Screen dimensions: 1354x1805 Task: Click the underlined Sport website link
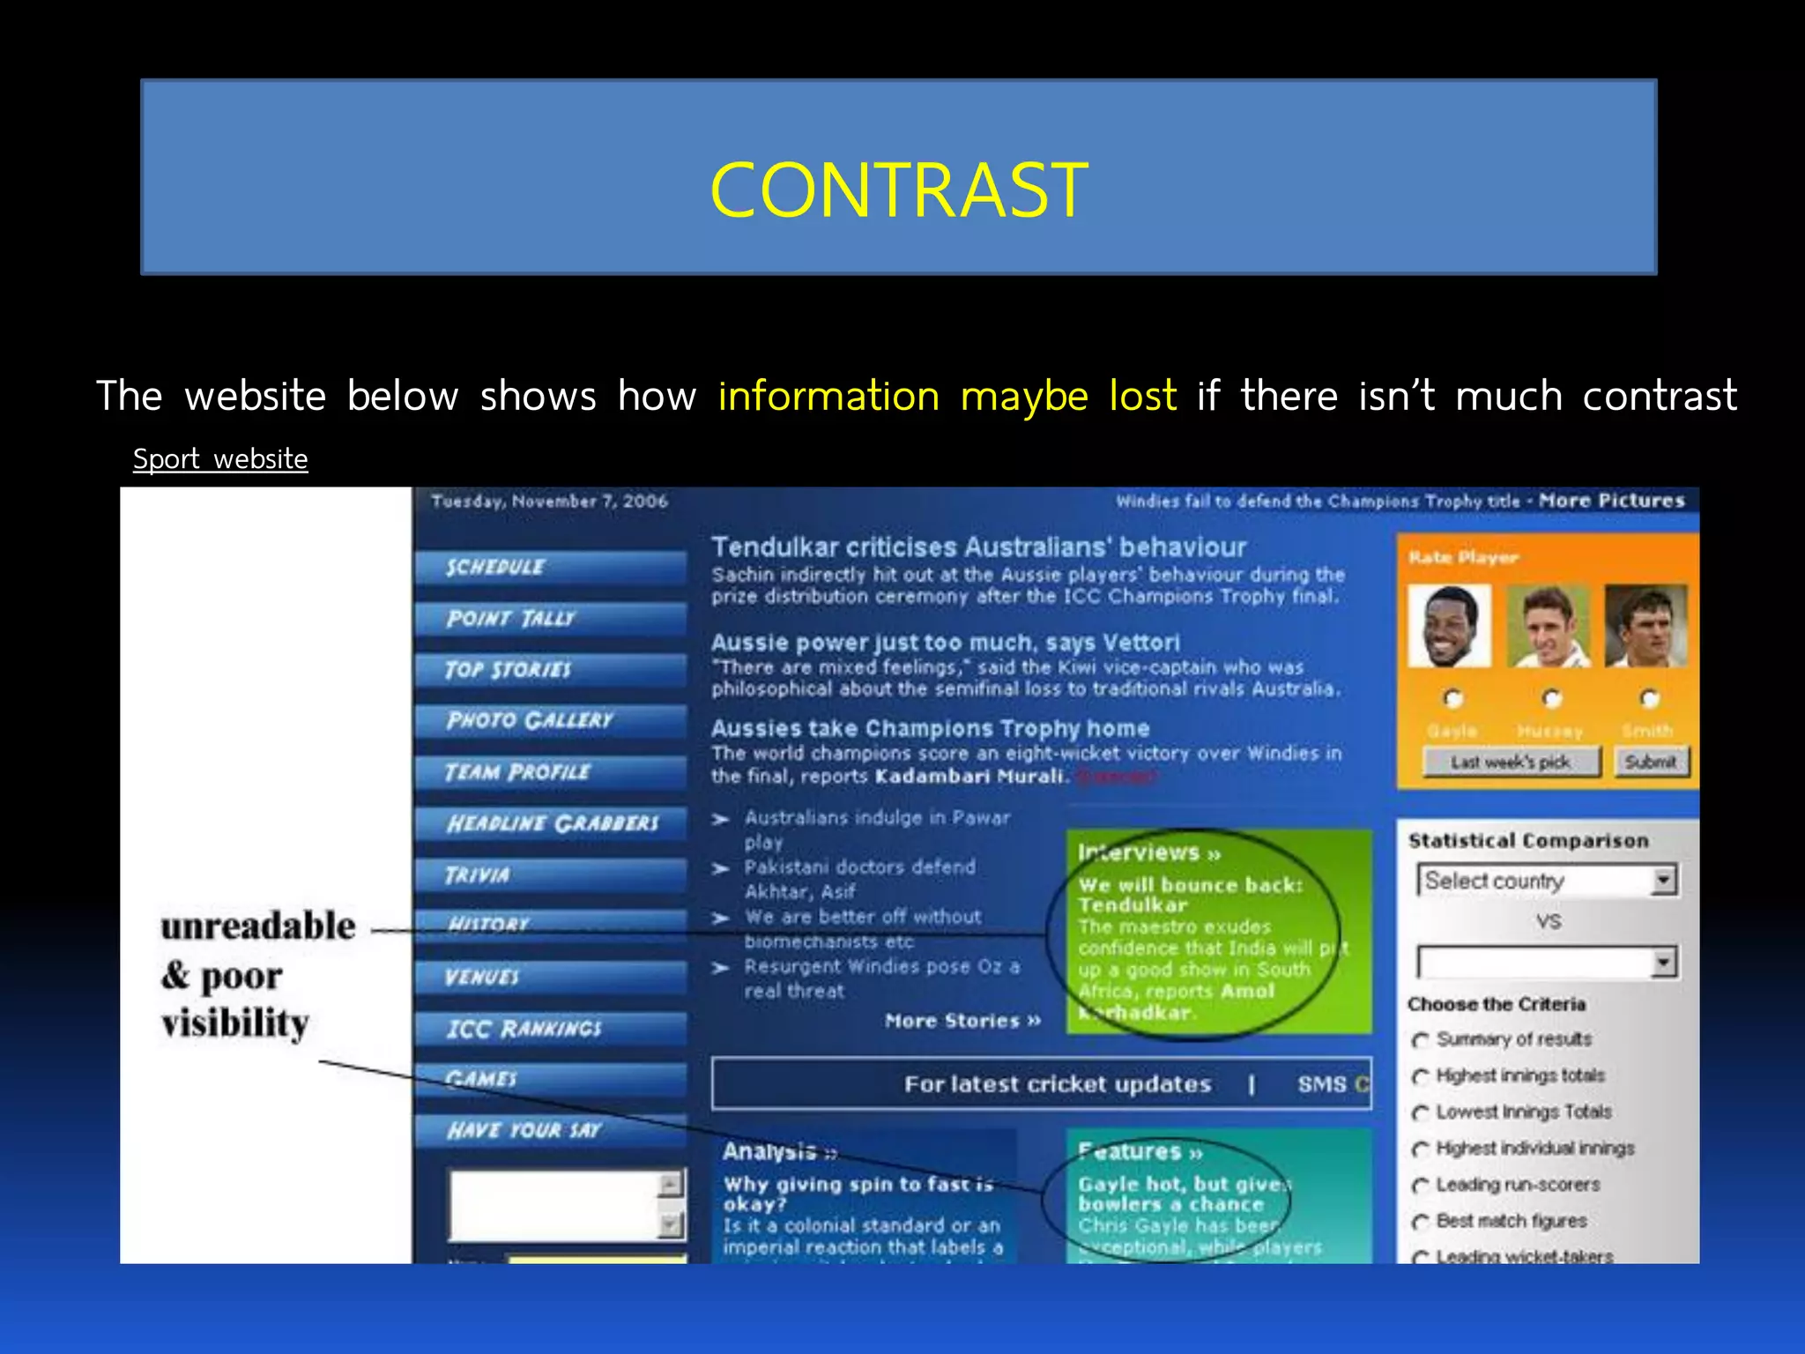coord(220,459)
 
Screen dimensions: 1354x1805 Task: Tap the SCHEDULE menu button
coord(550,567)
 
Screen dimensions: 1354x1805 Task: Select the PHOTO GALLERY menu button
coord(550,720)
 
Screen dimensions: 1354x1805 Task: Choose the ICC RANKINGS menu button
coord(550,1029)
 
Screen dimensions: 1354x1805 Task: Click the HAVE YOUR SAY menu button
coord(550,1130)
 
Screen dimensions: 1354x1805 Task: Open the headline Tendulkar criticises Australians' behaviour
coord(978,547)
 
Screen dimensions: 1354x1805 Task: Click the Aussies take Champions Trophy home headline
coord(930,729)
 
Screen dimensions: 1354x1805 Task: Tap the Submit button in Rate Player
coord(1651,762)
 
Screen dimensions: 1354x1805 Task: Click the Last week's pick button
coord(1511,762)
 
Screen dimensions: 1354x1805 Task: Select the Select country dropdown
coord(1547,881)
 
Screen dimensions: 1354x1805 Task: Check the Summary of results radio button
coord(1420,1040)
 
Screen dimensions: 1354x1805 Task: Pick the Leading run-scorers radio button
coord(1420,1186)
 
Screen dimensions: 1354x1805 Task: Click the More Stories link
coord(962,1021)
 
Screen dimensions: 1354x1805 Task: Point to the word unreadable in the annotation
coord(257,926)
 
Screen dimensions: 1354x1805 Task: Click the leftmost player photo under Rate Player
coord(1449,627)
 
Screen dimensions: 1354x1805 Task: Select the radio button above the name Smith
coord(1649,699)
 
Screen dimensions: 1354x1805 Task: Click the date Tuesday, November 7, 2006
coord(549,502)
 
